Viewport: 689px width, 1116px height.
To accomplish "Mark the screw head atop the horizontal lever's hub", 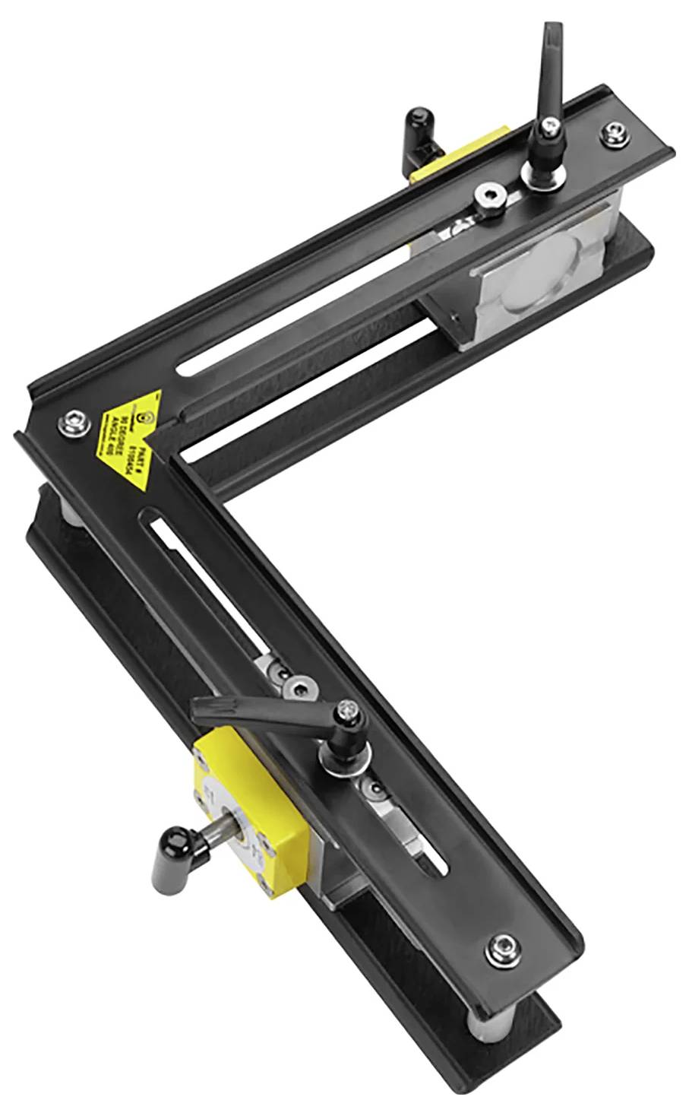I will pos(350,711).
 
